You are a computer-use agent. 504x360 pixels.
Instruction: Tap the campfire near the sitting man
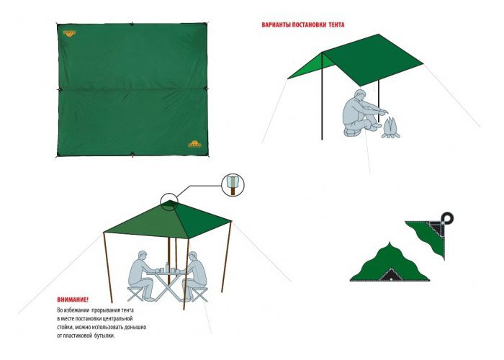click(x=390, y=128)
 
